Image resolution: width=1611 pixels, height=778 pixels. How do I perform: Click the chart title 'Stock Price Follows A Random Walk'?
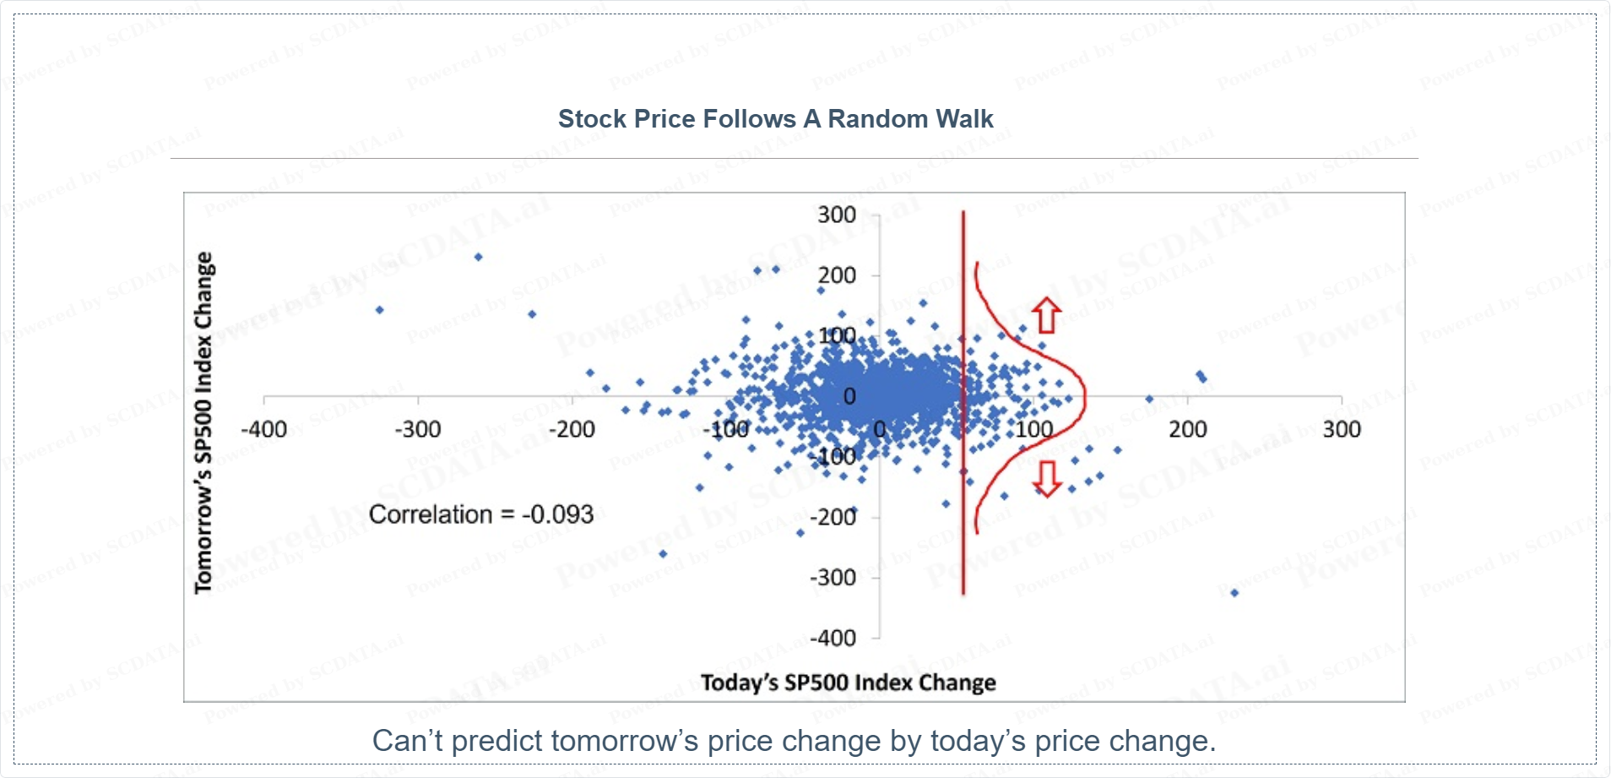coord(775,119)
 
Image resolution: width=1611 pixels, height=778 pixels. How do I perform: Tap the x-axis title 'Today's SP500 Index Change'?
coord(848,683)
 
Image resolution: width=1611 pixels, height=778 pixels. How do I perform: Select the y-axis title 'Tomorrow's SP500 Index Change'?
coord(203,422)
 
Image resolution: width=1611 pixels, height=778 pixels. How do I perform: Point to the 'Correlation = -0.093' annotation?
coord(481,514)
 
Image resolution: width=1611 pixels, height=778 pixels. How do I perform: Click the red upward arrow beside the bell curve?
coord(1047,315)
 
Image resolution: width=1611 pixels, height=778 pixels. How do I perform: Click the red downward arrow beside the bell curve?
coord(1047,478)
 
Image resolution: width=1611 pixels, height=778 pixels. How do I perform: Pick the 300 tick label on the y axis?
coord(837,215)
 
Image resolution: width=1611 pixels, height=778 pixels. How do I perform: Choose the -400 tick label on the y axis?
coord(833,639)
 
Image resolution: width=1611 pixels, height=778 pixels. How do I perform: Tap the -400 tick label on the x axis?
coord(263,430)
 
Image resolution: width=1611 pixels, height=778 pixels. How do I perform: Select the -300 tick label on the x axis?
coord(418,430)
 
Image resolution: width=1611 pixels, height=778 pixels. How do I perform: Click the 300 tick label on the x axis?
coord(1342,430)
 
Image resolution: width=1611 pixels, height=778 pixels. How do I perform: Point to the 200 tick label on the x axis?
coord(1188,430)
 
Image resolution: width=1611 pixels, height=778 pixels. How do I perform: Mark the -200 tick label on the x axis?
coord(572,430)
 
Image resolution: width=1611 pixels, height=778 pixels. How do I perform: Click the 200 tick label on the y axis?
coord(837,275)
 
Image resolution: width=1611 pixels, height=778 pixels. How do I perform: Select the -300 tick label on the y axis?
coord(833,578)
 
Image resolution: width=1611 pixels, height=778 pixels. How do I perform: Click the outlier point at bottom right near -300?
coord(1234,593)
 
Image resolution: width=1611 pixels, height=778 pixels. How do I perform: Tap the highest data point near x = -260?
coord(479,257)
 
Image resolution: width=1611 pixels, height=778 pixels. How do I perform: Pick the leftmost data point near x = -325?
coord(380,310)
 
